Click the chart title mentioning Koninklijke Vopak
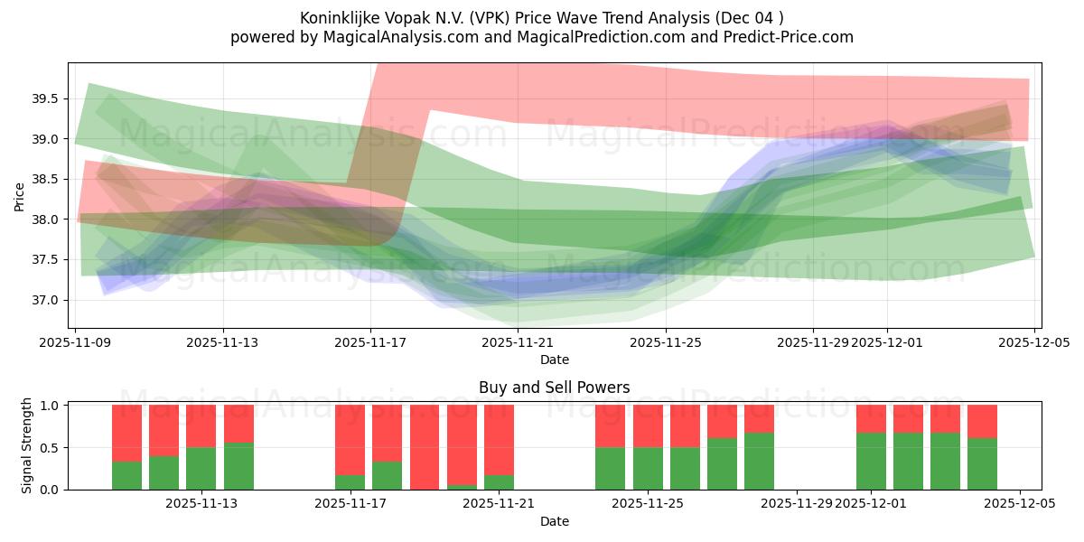click(542, 17)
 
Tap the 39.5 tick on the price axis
click(47, 98)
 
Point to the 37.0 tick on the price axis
click(47, 300)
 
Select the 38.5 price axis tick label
click(47, 179)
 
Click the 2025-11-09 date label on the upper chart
click(76, 342)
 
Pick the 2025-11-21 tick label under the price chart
click(518, 342)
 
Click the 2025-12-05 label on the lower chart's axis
click(1020, 503)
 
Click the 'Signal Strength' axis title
click(27, 445)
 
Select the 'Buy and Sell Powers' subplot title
click(554, 388)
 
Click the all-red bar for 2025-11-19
click(425, 447)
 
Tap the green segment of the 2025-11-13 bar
click(201, 468)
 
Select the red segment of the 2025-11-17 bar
click(350, 439)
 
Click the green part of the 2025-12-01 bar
click(871, 461)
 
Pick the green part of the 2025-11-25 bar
click(648, 468)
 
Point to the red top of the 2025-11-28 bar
click(759, 418)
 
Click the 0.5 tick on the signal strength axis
click(51, 447)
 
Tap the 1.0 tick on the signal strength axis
click(51, 406)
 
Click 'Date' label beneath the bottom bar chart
click(554, 521)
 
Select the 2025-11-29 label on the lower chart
click(797, 503)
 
